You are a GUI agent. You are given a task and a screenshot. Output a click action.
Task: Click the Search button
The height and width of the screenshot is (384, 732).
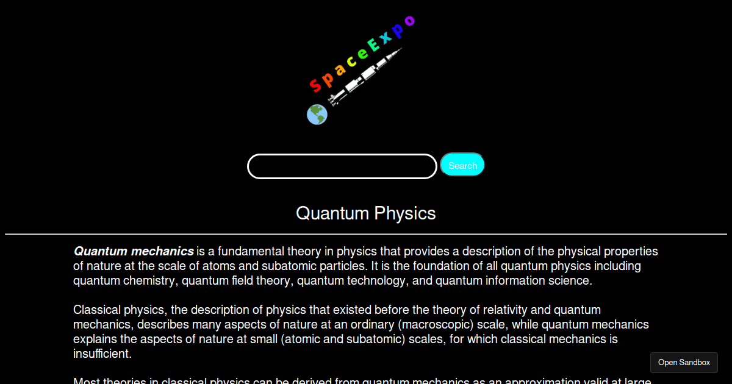coord(462,165)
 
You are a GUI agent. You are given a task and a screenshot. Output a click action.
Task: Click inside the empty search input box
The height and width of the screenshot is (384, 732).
coord(342,166)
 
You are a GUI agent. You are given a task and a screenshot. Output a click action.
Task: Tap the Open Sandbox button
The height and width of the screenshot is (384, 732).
coord(684,363)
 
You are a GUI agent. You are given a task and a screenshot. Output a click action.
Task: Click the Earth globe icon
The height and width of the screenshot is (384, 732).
coord(317,114)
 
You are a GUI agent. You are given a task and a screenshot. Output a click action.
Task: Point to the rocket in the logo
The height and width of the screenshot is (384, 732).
coord(366,76)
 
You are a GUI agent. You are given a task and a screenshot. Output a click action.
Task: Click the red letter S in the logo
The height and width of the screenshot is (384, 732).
coord(315,85)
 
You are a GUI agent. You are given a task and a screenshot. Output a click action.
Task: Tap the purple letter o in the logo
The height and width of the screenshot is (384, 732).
coord(409,21)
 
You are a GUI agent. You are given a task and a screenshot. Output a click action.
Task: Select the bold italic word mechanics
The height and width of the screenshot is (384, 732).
coord(162,251)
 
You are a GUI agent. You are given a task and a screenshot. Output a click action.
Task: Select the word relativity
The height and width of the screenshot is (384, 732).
coord(498,310)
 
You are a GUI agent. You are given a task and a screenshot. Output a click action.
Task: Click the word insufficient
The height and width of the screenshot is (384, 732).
coord(102,354)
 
